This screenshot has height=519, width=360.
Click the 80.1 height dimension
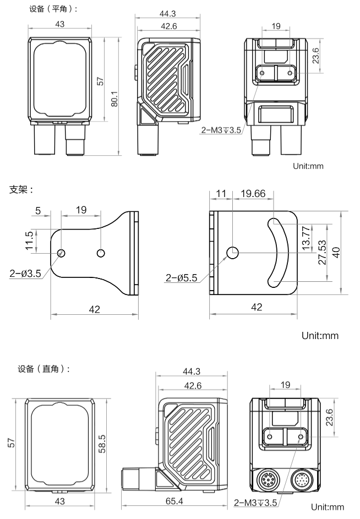click(114, 99)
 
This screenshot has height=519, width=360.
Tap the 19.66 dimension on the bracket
click(253, 193)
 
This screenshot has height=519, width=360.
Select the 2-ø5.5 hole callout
click(181, 278)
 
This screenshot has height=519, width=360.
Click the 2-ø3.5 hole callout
click(25, 274)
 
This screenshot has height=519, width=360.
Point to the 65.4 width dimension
click(174, 501)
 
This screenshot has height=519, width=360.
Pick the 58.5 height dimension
click(102, 444)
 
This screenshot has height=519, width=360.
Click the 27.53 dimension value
click(322, 252)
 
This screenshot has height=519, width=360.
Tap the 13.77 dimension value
click(306, 238)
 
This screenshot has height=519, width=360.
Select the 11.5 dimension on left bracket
click(29, 241)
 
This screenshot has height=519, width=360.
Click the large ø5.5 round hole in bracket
click(233, 253)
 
